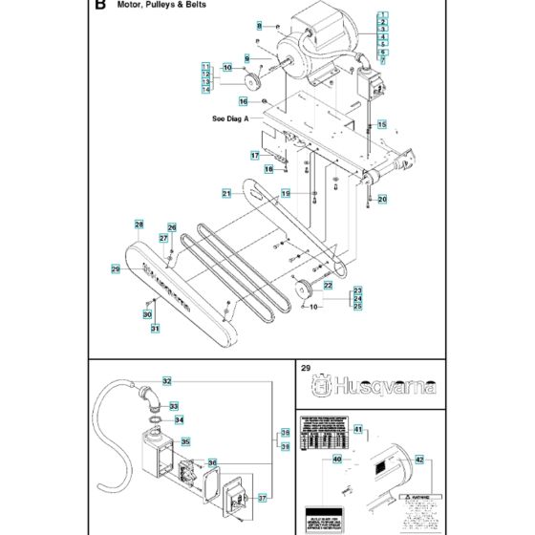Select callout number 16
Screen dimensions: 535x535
(x=244, y=101)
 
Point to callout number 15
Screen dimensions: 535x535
(x=381, y=124)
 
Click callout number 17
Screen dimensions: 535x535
(x=256, y=155)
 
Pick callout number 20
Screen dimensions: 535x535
(x=382, y=199)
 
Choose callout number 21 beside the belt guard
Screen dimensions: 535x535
(x=227, y=193)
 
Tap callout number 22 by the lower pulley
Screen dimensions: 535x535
(x=327, y=285)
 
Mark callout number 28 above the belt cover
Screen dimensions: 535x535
(x=139, y=225)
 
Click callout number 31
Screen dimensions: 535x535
(x=155, y=330)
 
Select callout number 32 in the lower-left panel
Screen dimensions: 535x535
(x=166, y=381)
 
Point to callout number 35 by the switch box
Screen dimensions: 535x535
(x=186, y=442)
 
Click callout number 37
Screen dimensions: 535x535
(x=264, y=496)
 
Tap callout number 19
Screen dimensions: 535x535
(x=286, y=194)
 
